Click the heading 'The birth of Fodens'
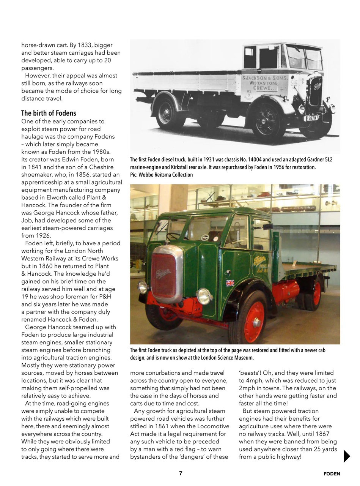(x=49, y=113)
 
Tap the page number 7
(x=181, y=473)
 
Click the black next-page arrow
(x=346, y=456)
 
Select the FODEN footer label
(x=332, y=474)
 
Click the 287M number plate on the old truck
(x=313, y=118)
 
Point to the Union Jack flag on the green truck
(x=230, y=283)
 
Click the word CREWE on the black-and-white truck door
(x=263, y=88)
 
